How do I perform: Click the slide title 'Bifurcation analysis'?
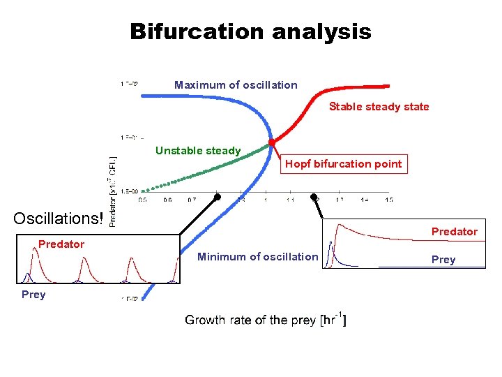point(250,31)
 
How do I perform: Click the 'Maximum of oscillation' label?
point(236,85)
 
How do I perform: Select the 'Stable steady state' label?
point(379,107)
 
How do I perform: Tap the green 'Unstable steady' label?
point(198,151)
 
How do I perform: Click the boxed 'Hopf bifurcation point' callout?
point(343,164)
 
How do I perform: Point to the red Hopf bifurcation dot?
point(272,142)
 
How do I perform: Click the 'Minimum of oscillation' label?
point(257,257)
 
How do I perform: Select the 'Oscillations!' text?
point(58,219)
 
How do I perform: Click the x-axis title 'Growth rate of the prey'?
point(265,320)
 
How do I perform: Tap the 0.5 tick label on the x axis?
point(142,200)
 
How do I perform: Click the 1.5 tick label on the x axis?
point(388,200)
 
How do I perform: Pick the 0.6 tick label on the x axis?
point(167,200)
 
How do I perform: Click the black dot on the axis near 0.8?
point(217,198)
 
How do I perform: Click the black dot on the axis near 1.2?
point(314,198)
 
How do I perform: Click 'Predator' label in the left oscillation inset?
point(61,244)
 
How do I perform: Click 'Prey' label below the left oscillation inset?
point(33,295)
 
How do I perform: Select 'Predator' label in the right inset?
point(454,232)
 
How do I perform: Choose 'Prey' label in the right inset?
point(443,260)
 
